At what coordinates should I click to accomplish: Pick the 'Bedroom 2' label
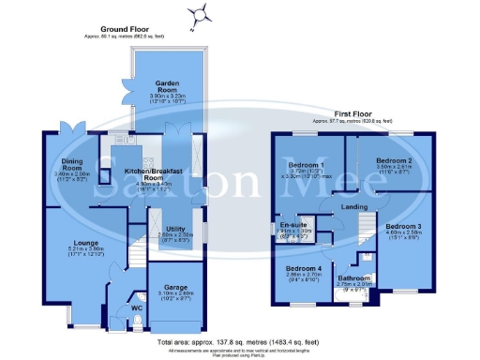coord(382,160)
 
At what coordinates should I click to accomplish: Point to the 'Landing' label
coord(354,206)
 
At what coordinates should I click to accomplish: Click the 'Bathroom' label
coord(355,278)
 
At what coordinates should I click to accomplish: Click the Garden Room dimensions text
coord(169,97)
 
